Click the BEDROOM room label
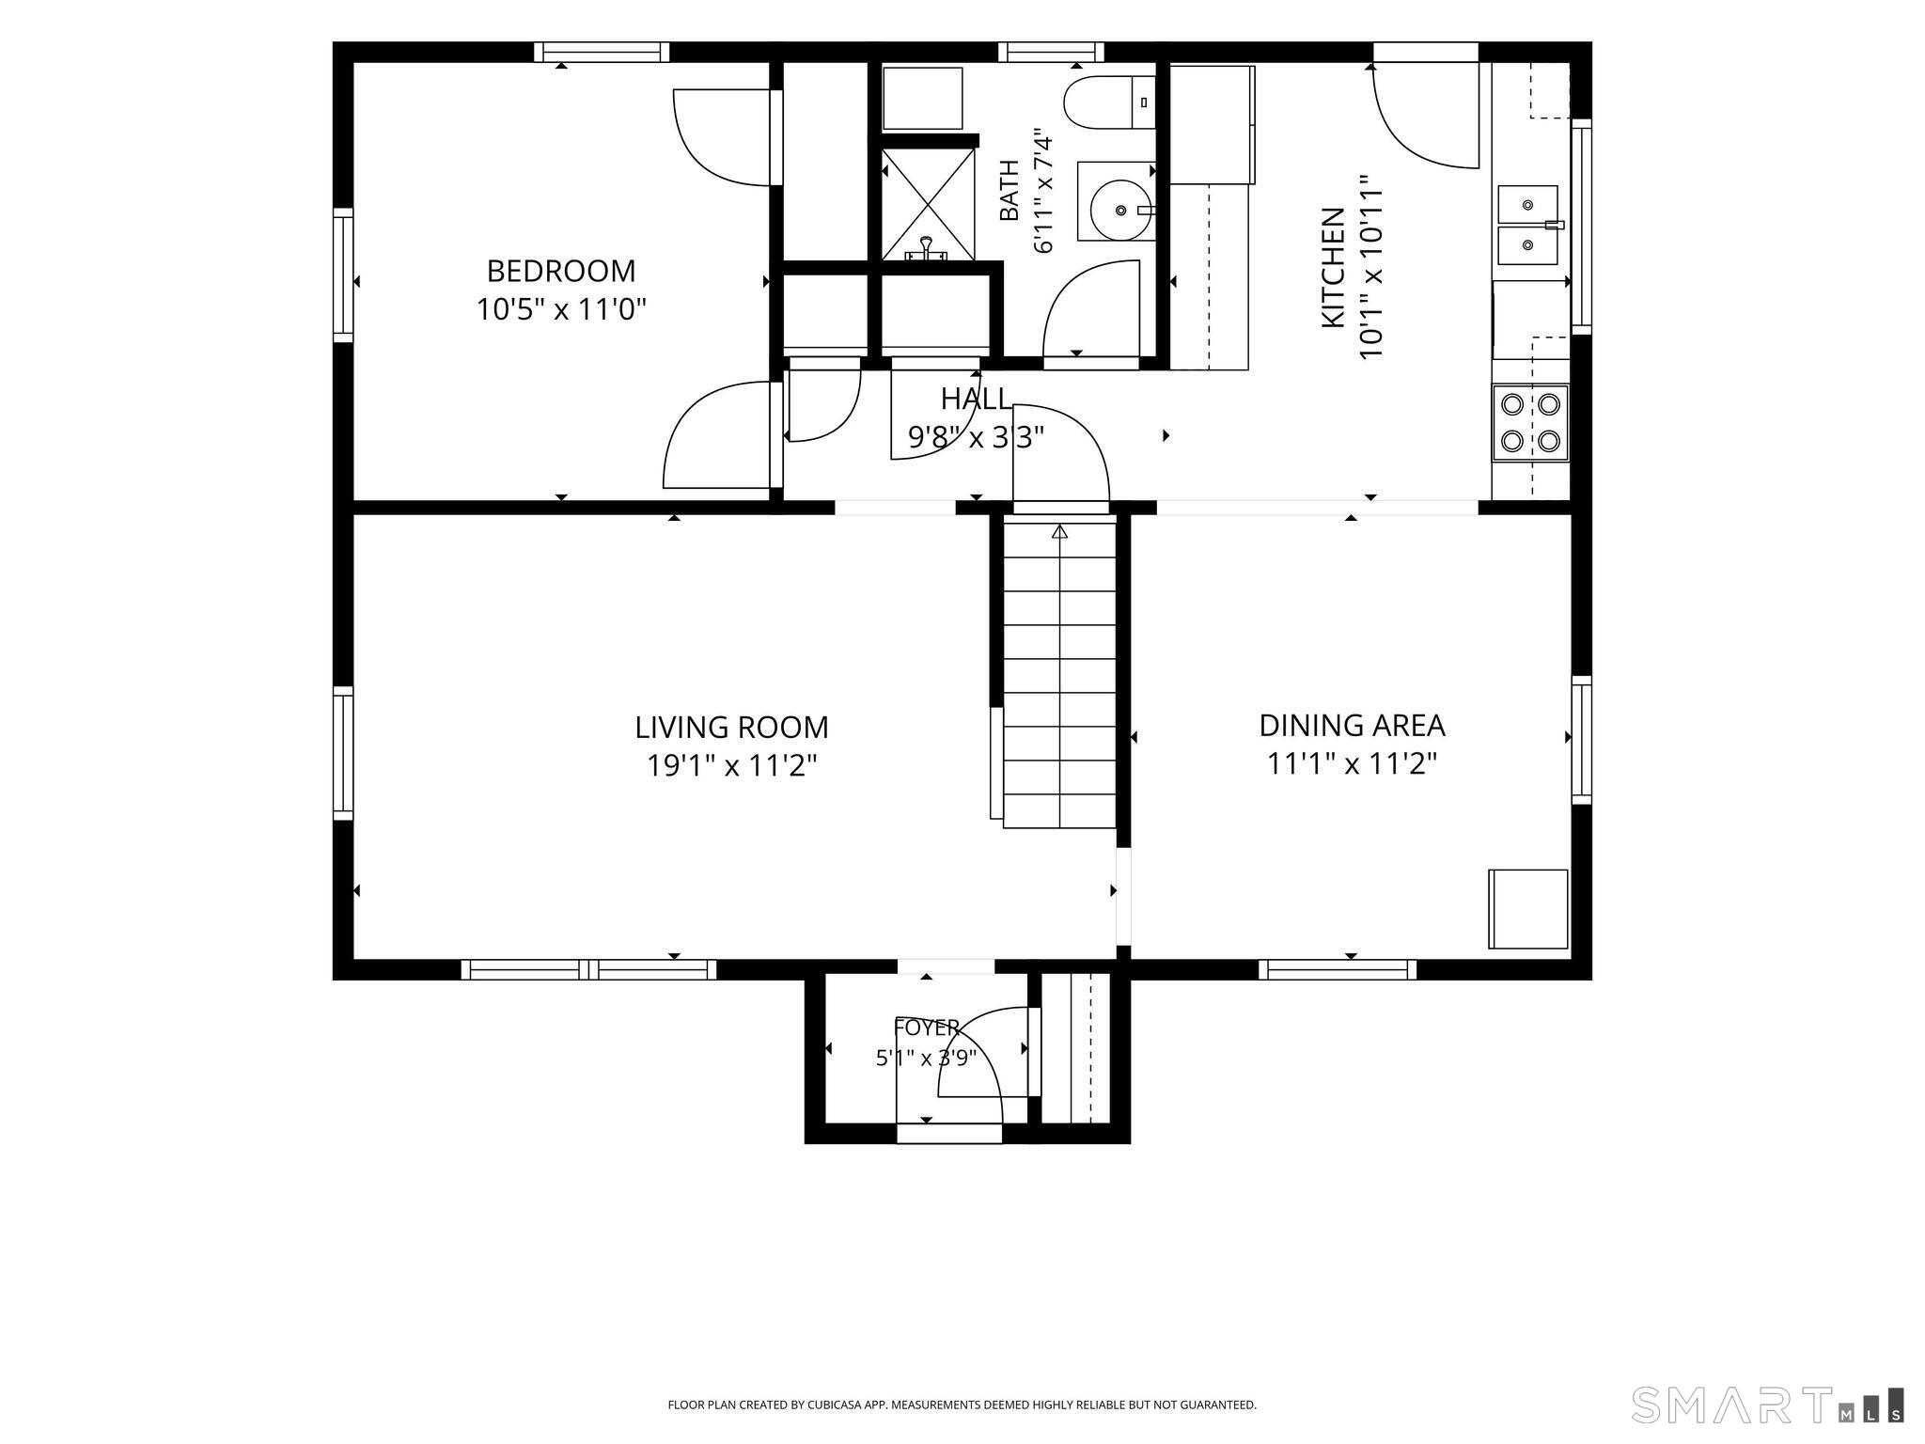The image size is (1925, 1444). (x=560, y=271)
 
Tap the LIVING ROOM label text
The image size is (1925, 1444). (x=731, y=728)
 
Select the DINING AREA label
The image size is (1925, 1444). (x=1352, y=726)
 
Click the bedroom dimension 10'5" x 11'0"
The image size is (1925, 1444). (x=561, y=309)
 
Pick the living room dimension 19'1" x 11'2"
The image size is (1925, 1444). (x=731, y=766)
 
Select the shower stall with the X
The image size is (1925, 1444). (x=929, y=204)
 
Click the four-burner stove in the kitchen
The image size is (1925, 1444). (x=1530, y=422)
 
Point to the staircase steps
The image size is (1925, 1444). (x=1059, y=675)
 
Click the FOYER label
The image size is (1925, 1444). (x=927, y=1027)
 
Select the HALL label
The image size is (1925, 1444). (x=976, y=400)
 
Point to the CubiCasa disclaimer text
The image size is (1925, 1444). (x=962, y=1405)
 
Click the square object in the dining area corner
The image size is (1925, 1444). (x=1528, y=909)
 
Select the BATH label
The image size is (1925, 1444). (x=1009, y=190)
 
